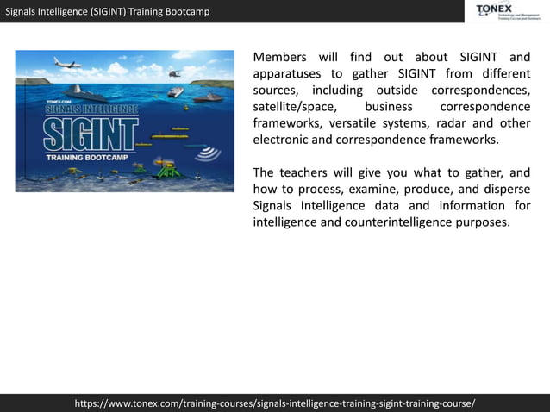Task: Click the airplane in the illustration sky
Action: pos(66,63)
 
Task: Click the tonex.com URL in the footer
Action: pos(275,403)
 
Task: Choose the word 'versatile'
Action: pos(357,123)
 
